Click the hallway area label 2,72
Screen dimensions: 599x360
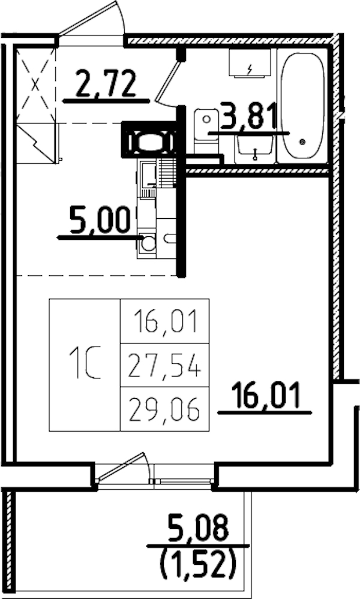(105, 84)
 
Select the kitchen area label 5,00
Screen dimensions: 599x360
(100, 219)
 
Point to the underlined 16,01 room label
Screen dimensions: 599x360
(265, 396)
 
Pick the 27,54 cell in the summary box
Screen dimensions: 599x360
(165, 365)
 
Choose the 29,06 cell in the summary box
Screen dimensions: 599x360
(165, 410)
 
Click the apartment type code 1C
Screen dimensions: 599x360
(84, 365)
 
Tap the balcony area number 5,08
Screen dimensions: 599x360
(198, 529)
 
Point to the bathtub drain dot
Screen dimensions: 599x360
(302, 142)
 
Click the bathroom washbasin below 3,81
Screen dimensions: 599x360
(256, 147)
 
